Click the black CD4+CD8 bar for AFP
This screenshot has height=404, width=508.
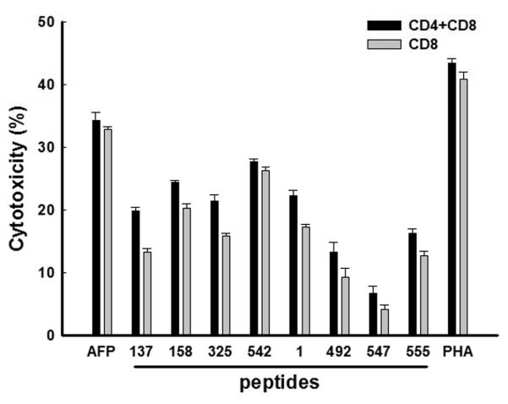click(96, 228)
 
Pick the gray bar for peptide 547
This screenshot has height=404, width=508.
click(361, 322)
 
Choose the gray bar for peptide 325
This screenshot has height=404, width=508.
click(226, 286)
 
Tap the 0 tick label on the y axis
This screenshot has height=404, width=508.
click(51, 336)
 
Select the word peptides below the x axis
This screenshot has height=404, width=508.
click(278, 383)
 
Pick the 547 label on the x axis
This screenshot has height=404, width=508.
click(366, 350)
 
